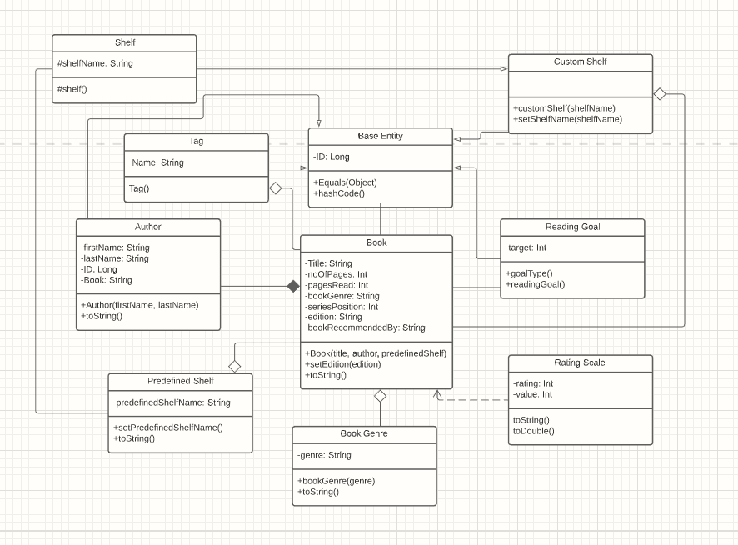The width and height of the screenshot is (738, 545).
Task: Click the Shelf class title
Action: coord(124,43)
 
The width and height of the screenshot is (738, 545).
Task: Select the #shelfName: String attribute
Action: coord(95,63)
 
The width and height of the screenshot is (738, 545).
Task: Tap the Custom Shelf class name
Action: coord(580,62)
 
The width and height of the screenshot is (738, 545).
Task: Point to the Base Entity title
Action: coord(380,136)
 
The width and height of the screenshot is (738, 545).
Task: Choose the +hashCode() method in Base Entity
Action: coord(339,193)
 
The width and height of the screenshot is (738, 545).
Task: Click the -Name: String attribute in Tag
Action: coord(157,163)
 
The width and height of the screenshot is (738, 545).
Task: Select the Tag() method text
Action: coord(139,188)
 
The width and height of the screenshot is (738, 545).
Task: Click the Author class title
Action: coord(148,227)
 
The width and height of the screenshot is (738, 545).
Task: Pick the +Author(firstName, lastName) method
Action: coord(140,305)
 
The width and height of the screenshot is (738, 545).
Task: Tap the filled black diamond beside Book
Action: coord(292,287)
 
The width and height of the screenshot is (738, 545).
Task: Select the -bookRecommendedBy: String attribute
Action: coord(365,327)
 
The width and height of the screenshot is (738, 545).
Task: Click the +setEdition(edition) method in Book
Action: coord(343,364)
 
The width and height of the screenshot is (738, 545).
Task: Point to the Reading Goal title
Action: coord(572,227)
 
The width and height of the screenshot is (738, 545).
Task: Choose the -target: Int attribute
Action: coord(526,247)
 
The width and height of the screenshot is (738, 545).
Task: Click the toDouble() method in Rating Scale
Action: coord(533,431)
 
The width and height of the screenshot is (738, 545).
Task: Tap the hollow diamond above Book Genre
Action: coord(380,396)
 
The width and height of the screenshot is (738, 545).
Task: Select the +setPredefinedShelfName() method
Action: coord(168,427)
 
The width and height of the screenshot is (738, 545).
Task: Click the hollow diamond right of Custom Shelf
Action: coord(660,94)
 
